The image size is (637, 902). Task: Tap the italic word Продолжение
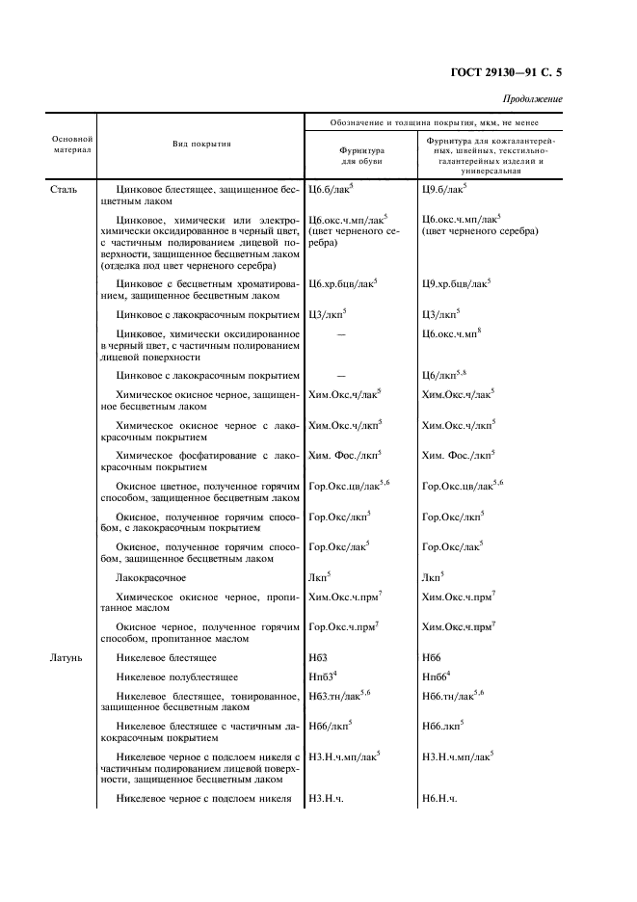pyautogui.click(x=533, y=99)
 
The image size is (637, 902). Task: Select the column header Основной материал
pyautogui.click(x=71, y=145)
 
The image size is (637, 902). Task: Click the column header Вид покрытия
pyautogui.click(x=201, y=144)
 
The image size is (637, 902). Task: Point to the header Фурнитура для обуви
pyautogui.click(x=361, y=155)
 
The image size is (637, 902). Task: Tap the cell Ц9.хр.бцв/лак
pyautogui.click(x=456, y=283)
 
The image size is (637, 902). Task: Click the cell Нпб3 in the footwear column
pyautogui.click(x=323, y=677)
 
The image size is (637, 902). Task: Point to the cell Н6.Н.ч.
pyautogui.click(x=438, y=800)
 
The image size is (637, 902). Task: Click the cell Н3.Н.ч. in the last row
pyautogui.click(x=326, y=800)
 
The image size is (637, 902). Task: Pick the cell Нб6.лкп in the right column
pyautogui.click(x=442, y=724)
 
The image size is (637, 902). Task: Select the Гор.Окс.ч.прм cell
pyautogui.click(x=344, y=627)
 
